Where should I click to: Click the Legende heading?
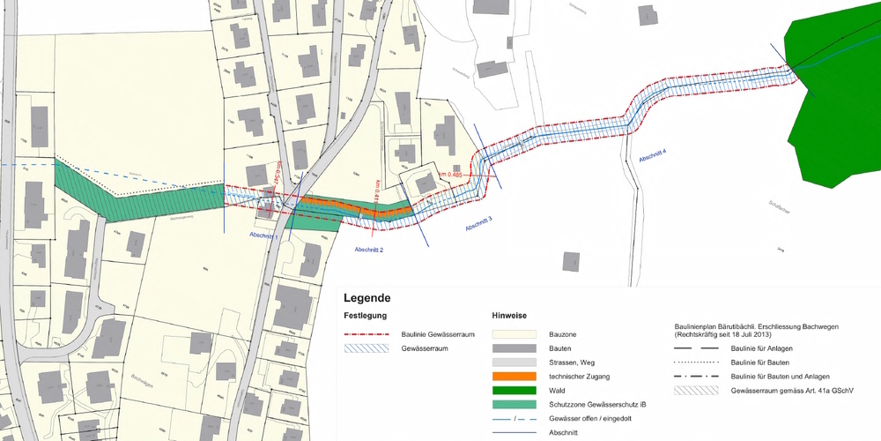(366, 298)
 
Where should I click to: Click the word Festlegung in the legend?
(366, 316)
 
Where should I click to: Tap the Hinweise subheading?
(509, 316)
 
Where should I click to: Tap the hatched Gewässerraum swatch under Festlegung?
(366, 349)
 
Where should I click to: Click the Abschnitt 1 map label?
(264, 236)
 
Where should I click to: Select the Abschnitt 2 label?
(368, 250)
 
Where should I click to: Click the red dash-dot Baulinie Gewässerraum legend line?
(366, 335)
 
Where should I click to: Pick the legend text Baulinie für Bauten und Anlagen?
(777, 377)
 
